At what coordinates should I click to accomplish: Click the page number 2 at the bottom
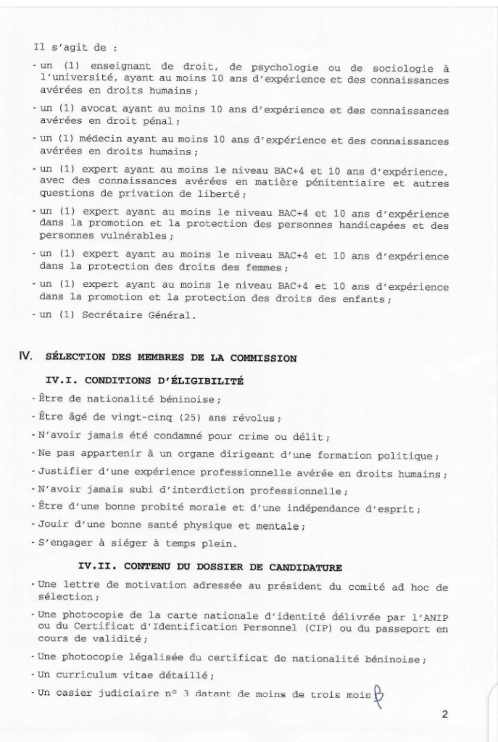click(x=444, y=714)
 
